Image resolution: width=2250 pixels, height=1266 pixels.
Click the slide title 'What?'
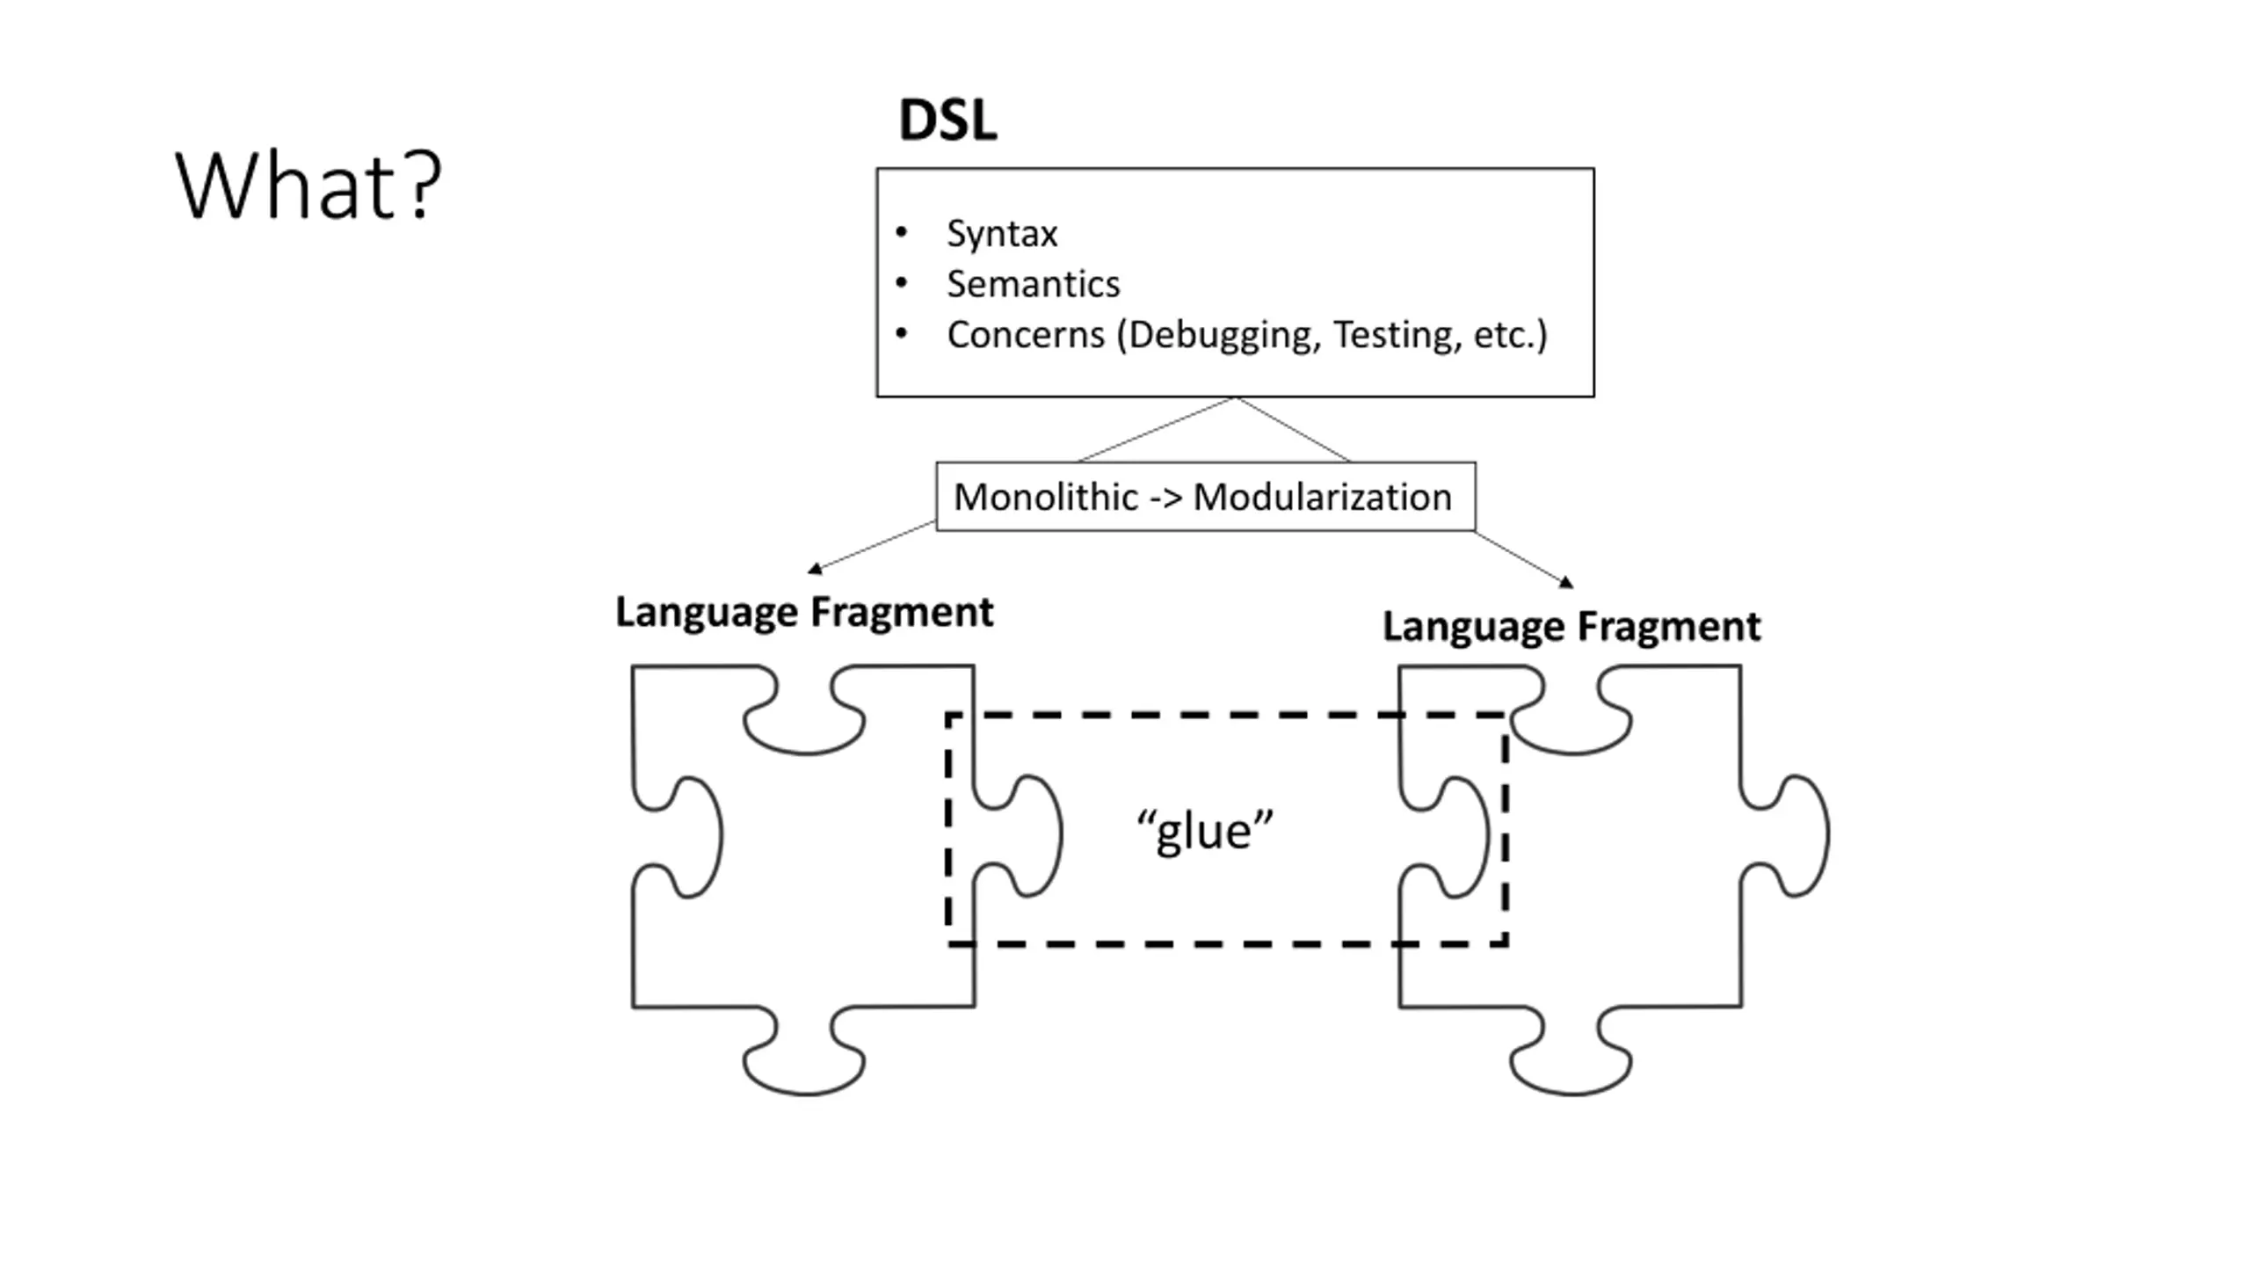pyautogui.click(x=308, y=186)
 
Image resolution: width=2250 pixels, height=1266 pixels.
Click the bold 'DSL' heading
pyautogui.click(x=947, y=120)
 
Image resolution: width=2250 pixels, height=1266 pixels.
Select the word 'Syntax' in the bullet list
pyautogui.click(x=1002, y=234)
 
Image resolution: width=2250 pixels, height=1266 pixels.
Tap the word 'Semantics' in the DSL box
pyautogui.click(x=1034, y=284)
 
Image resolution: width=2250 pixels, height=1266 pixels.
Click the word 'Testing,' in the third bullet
pyautogui.click(x=1397, y=335)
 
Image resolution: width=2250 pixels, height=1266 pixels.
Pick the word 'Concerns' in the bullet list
pyautogui.click(x=1026, y=335)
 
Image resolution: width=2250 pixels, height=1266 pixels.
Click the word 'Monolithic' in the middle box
pyautogui.click(x=1045, y=497)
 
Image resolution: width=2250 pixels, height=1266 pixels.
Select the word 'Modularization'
pyautogui.click(x=1322, y=497)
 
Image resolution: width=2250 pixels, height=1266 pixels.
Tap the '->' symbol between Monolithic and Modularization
pyautogui.click(x=1165, y=498)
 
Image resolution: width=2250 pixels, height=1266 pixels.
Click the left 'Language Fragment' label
pyautogui.click(x=804, y=612)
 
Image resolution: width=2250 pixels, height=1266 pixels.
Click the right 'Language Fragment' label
pyautogui.click(x=1571, y=627)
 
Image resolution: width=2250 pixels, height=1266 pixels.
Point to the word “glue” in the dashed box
pyautogui.click(x=1205, y=831)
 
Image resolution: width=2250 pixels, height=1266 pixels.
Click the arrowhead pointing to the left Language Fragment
pyautogui.click(x=815, y=569)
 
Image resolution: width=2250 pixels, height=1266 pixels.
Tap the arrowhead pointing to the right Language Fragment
pyautogui.click(x=1566, y=581)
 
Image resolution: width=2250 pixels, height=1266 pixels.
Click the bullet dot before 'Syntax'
pyautogui.click(x=901, y=233)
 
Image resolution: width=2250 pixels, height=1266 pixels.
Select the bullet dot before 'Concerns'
pyautogui.click(x=901, y=334)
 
